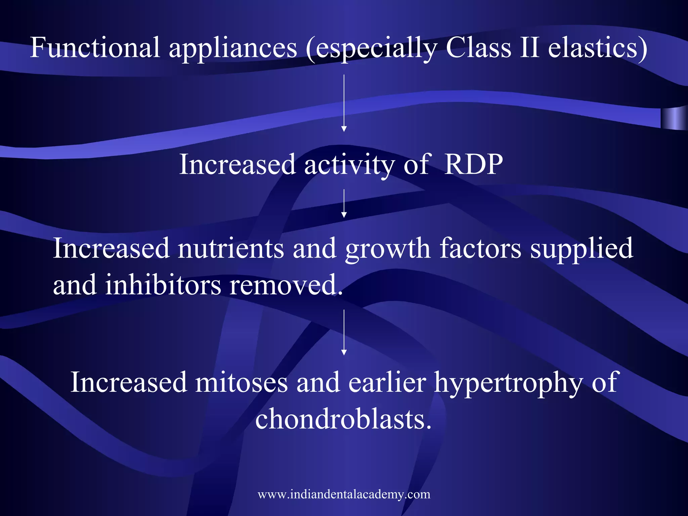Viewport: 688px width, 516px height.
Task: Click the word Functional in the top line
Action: click(x=95, y=47)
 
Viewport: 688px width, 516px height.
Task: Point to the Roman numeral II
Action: click(x=530, y=47)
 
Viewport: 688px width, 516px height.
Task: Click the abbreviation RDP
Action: click(x=473, y=164)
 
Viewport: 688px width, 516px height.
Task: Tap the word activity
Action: click(x=349, y=165)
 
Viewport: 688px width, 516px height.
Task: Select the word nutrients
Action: click(x=231, y=248)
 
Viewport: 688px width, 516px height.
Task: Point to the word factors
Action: click(x=480, y=248)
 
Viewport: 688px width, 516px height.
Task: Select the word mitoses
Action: click(x=241, y=382)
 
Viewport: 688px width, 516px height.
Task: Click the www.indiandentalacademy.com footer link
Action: click(x=344, y=494)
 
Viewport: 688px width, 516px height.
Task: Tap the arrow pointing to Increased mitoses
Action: click(x=344, y=332)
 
